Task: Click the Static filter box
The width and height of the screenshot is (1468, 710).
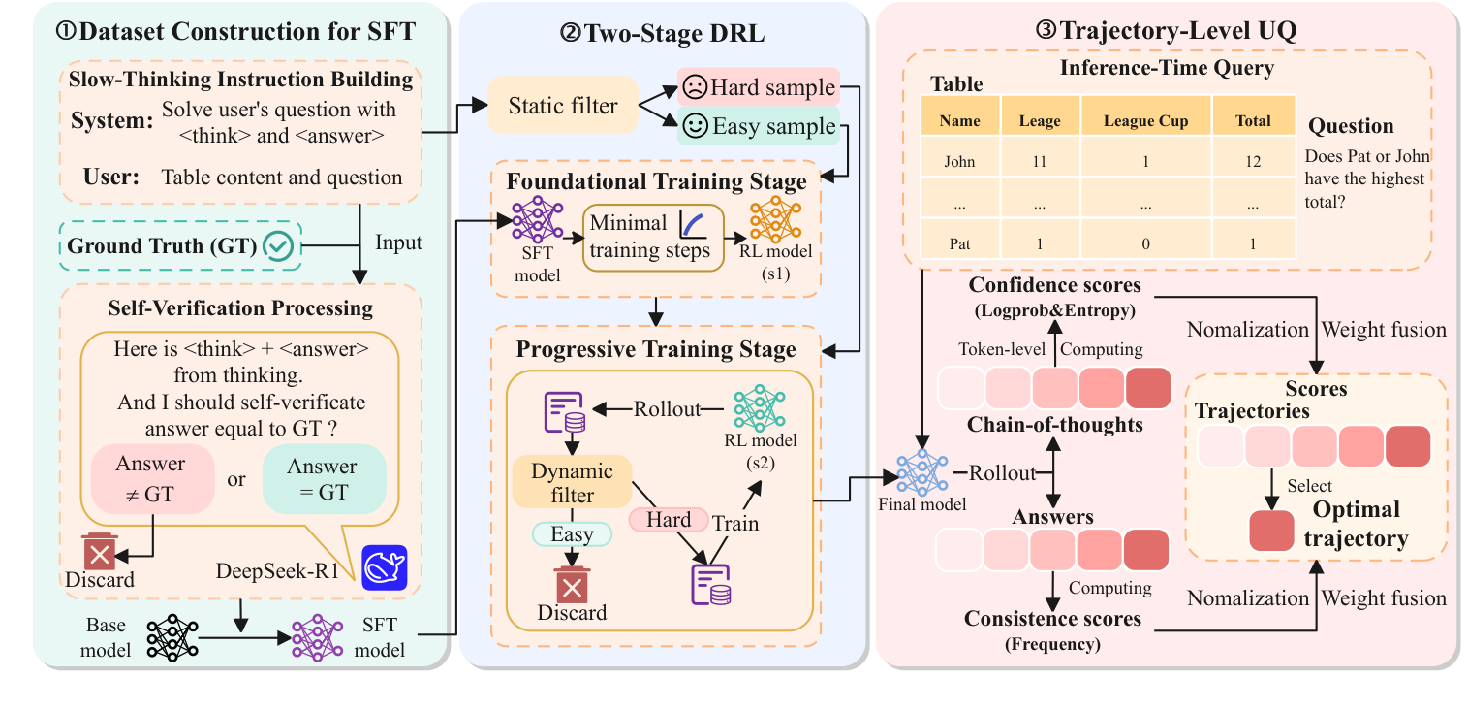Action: pyautogui.click(x=563, y=106)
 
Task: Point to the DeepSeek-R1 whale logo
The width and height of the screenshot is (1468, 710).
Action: pyautogui.click(x=385, y=567)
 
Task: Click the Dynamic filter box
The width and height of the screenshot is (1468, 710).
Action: pyautogui.click(x=572, y=483)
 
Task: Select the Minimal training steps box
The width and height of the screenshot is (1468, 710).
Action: pyautogui.click(x=651, y=237)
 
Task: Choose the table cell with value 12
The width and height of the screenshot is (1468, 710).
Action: pyautogui.click(x=1253, y=162)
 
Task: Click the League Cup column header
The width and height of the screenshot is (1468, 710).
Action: pyautogui.click(x=1145, y=121)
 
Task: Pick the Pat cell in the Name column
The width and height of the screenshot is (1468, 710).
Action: pyautogui.click(x=959, y=244)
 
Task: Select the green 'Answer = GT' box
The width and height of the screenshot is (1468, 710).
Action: pyautogui.click(x=323, y=479)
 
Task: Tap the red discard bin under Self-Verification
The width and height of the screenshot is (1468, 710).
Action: pyautogui.click(x=100, y=552)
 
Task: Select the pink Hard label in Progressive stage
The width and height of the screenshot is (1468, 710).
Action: pyautogui.click(x=669, y=520)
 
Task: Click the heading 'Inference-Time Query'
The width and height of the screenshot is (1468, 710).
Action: pyautogui.click(x=1166, y=69)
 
